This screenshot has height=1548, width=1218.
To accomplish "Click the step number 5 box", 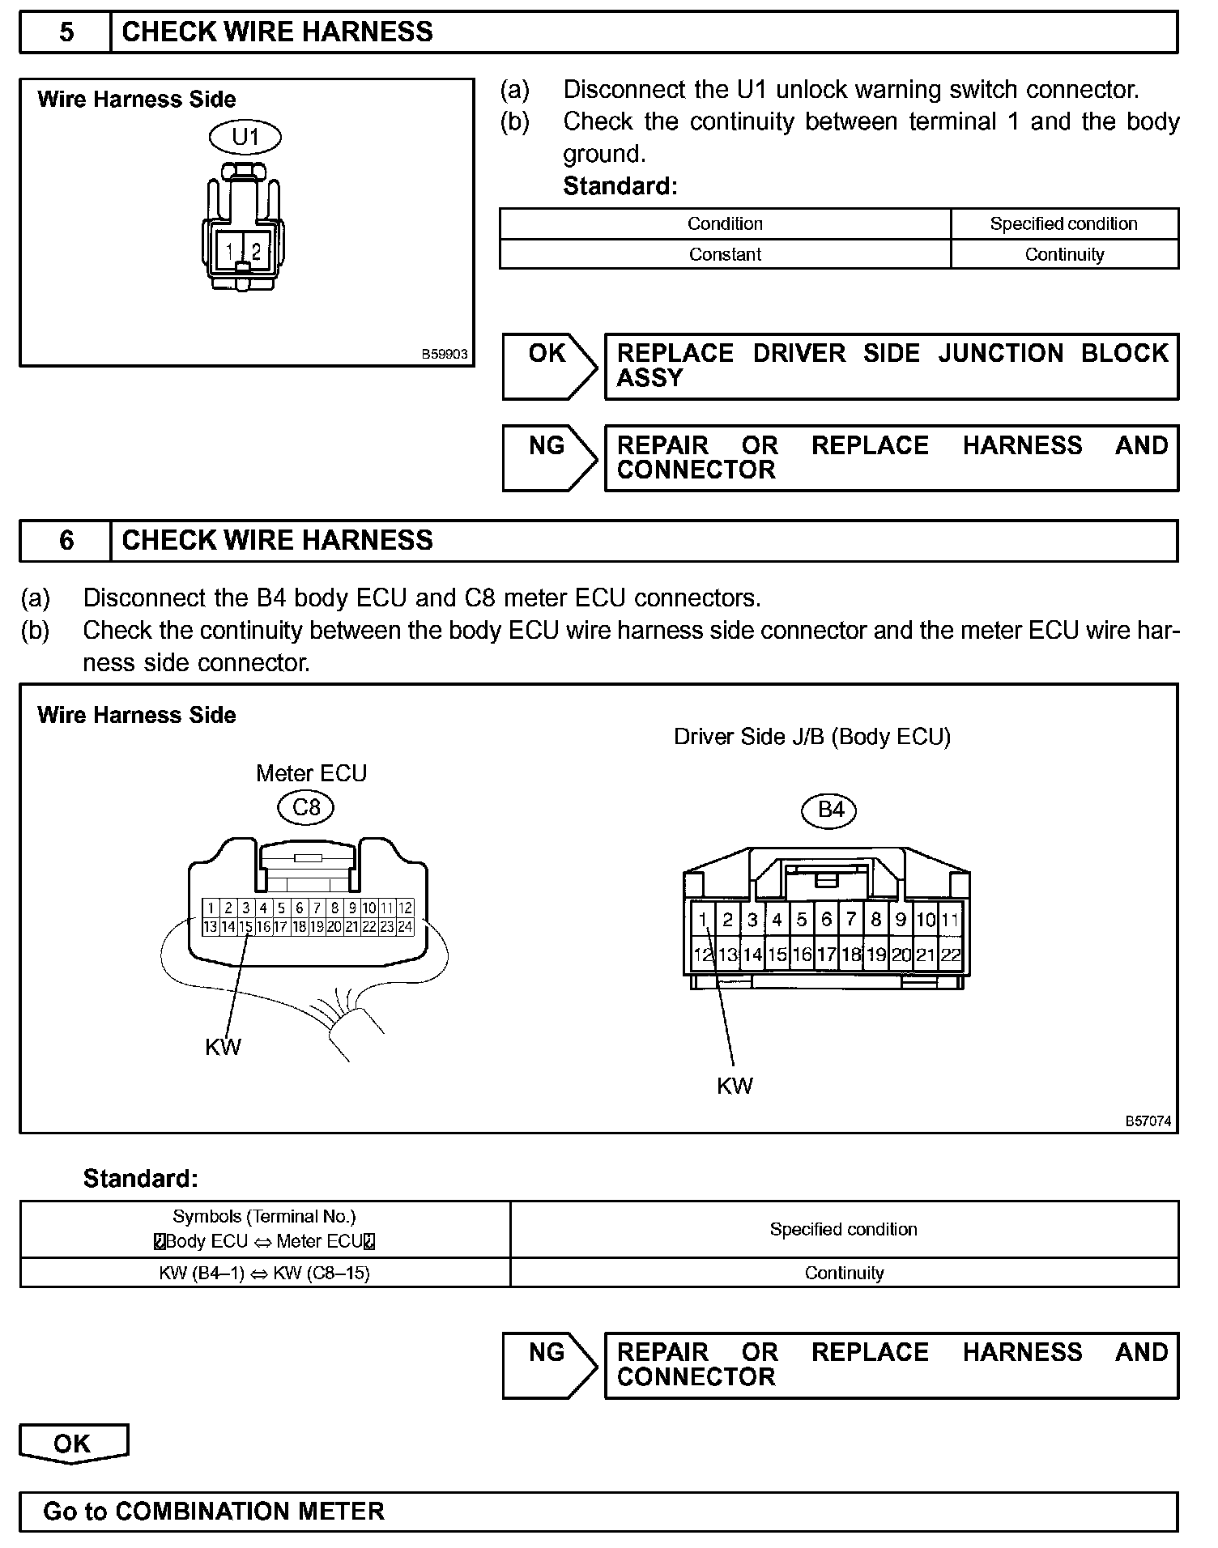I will [66, 32].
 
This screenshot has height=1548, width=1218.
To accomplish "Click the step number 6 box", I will [66, 541].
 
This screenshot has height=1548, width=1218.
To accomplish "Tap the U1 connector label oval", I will [245, 138].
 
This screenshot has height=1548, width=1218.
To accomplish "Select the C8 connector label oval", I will [306, 807].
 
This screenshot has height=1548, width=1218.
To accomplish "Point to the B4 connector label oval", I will [831, 810].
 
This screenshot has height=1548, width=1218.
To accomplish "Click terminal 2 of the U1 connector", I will [256, 251].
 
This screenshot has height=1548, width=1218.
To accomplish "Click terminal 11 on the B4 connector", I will [950, 920].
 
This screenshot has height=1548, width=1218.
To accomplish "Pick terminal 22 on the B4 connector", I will [950, 955].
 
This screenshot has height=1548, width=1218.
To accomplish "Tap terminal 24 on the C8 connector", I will [405, 927].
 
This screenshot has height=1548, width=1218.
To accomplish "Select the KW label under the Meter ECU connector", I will [223, 1047].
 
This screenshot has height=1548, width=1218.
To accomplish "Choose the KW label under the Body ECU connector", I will [735, 1086].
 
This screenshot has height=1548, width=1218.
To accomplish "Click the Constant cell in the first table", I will [725, 254].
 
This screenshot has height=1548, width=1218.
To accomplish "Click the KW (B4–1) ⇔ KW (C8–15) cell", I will [265, 1273].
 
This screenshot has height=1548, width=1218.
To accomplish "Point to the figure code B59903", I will [445, 355].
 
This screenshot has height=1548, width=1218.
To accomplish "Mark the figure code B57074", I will [1148, 1121].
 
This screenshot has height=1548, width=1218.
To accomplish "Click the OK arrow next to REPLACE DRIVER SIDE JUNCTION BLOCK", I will [548, 366].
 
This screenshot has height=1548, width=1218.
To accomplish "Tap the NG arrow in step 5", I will [548, 457].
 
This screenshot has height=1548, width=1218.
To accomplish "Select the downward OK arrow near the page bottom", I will [73, 1444].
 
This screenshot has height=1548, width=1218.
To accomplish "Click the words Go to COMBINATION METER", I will [214, 1512].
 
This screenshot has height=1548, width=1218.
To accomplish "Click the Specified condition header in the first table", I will [1063, 223].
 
